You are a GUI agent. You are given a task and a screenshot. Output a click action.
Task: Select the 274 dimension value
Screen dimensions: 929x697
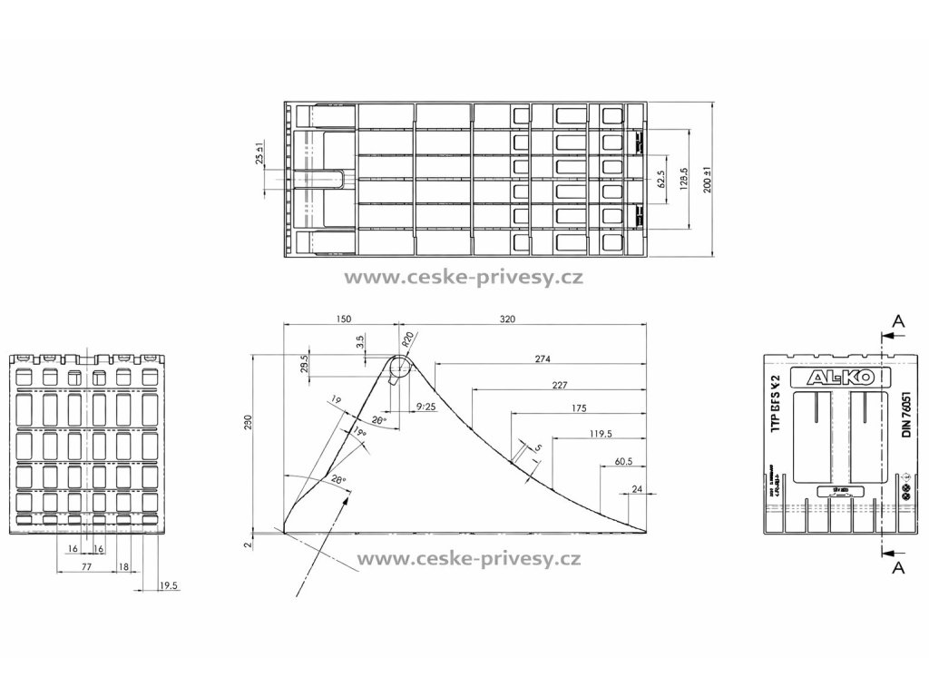543,358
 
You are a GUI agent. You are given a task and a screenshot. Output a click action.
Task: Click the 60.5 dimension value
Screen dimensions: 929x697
622,461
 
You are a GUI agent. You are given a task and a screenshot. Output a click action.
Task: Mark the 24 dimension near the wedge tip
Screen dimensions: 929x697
637,489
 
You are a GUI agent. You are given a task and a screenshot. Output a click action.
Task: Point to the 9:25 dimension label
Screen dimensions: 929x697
425,406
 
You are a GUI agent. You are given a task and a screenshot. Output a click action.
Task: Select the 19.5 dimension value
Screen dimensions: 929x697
169,586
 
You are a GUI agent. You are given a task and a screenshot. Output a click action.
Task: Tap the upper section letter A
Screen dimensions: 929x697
897,320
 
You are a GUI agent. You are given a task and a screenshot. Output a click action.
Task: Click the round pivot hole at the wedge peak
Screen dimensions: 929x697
398,367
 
